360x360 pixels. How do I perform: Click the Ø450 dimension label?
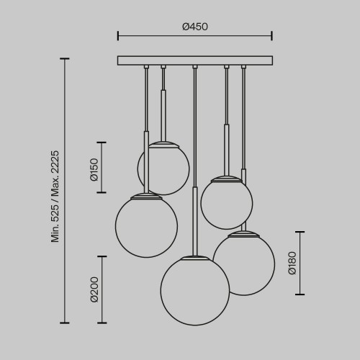[x=195, y=27]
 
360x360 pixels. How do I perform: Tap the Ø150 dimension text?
[x=94, y=169]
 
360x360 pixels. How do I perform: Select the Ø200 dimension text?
[x=94, y=289]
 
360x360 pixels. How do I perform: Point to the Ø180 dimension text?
[x=292, y=263]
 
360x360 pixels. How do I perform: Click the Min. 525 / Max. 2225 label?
[x=55, y=197]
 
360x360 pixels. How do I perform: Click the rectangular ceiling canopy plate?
[x=195, y=60]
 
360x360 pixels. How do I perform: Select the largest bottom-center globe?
[x=195, y=291]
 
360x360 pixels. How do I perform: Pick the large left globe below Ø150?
[x=146, y=226]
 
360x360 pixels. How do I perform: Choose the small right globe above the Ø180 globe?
[x=227, y=203]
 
